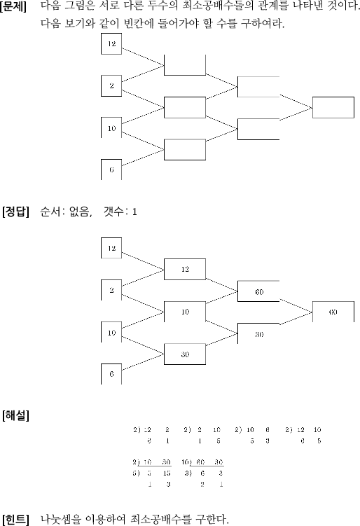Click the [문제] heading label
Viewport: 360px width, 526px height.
click(13, 6)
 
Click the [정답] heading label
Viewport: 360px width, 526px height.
click(15, 212)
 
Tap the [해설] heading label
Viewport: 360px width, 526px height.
click(15, 415)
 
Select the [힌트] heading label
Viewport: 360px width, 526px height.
click(15, 519)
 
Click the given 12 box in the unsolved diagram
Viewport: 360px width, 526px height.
click(111, 43)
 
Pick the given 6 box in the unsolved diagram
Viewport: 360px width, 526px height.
click(111, 169)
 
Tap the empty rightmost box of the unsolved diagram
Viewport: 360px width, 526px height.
click(333, 107)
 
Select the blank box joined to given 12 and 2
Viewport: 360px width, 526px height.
click(185, 65)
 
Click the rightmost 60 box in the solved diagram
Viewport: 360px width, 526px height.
click(333, 312)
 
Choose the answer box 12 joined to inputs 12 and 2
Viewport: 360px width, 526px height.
click(185, 269)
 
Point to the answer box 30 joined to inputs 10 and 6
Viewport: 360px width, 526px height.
click(185, 354)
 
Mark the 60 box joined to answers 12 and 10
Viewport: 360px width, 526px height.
click(258, 291)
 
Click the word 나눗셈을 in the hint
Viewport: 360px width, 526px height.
click(61, 519)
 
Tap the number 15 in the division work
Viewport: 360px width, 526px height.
click(167, 473)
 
